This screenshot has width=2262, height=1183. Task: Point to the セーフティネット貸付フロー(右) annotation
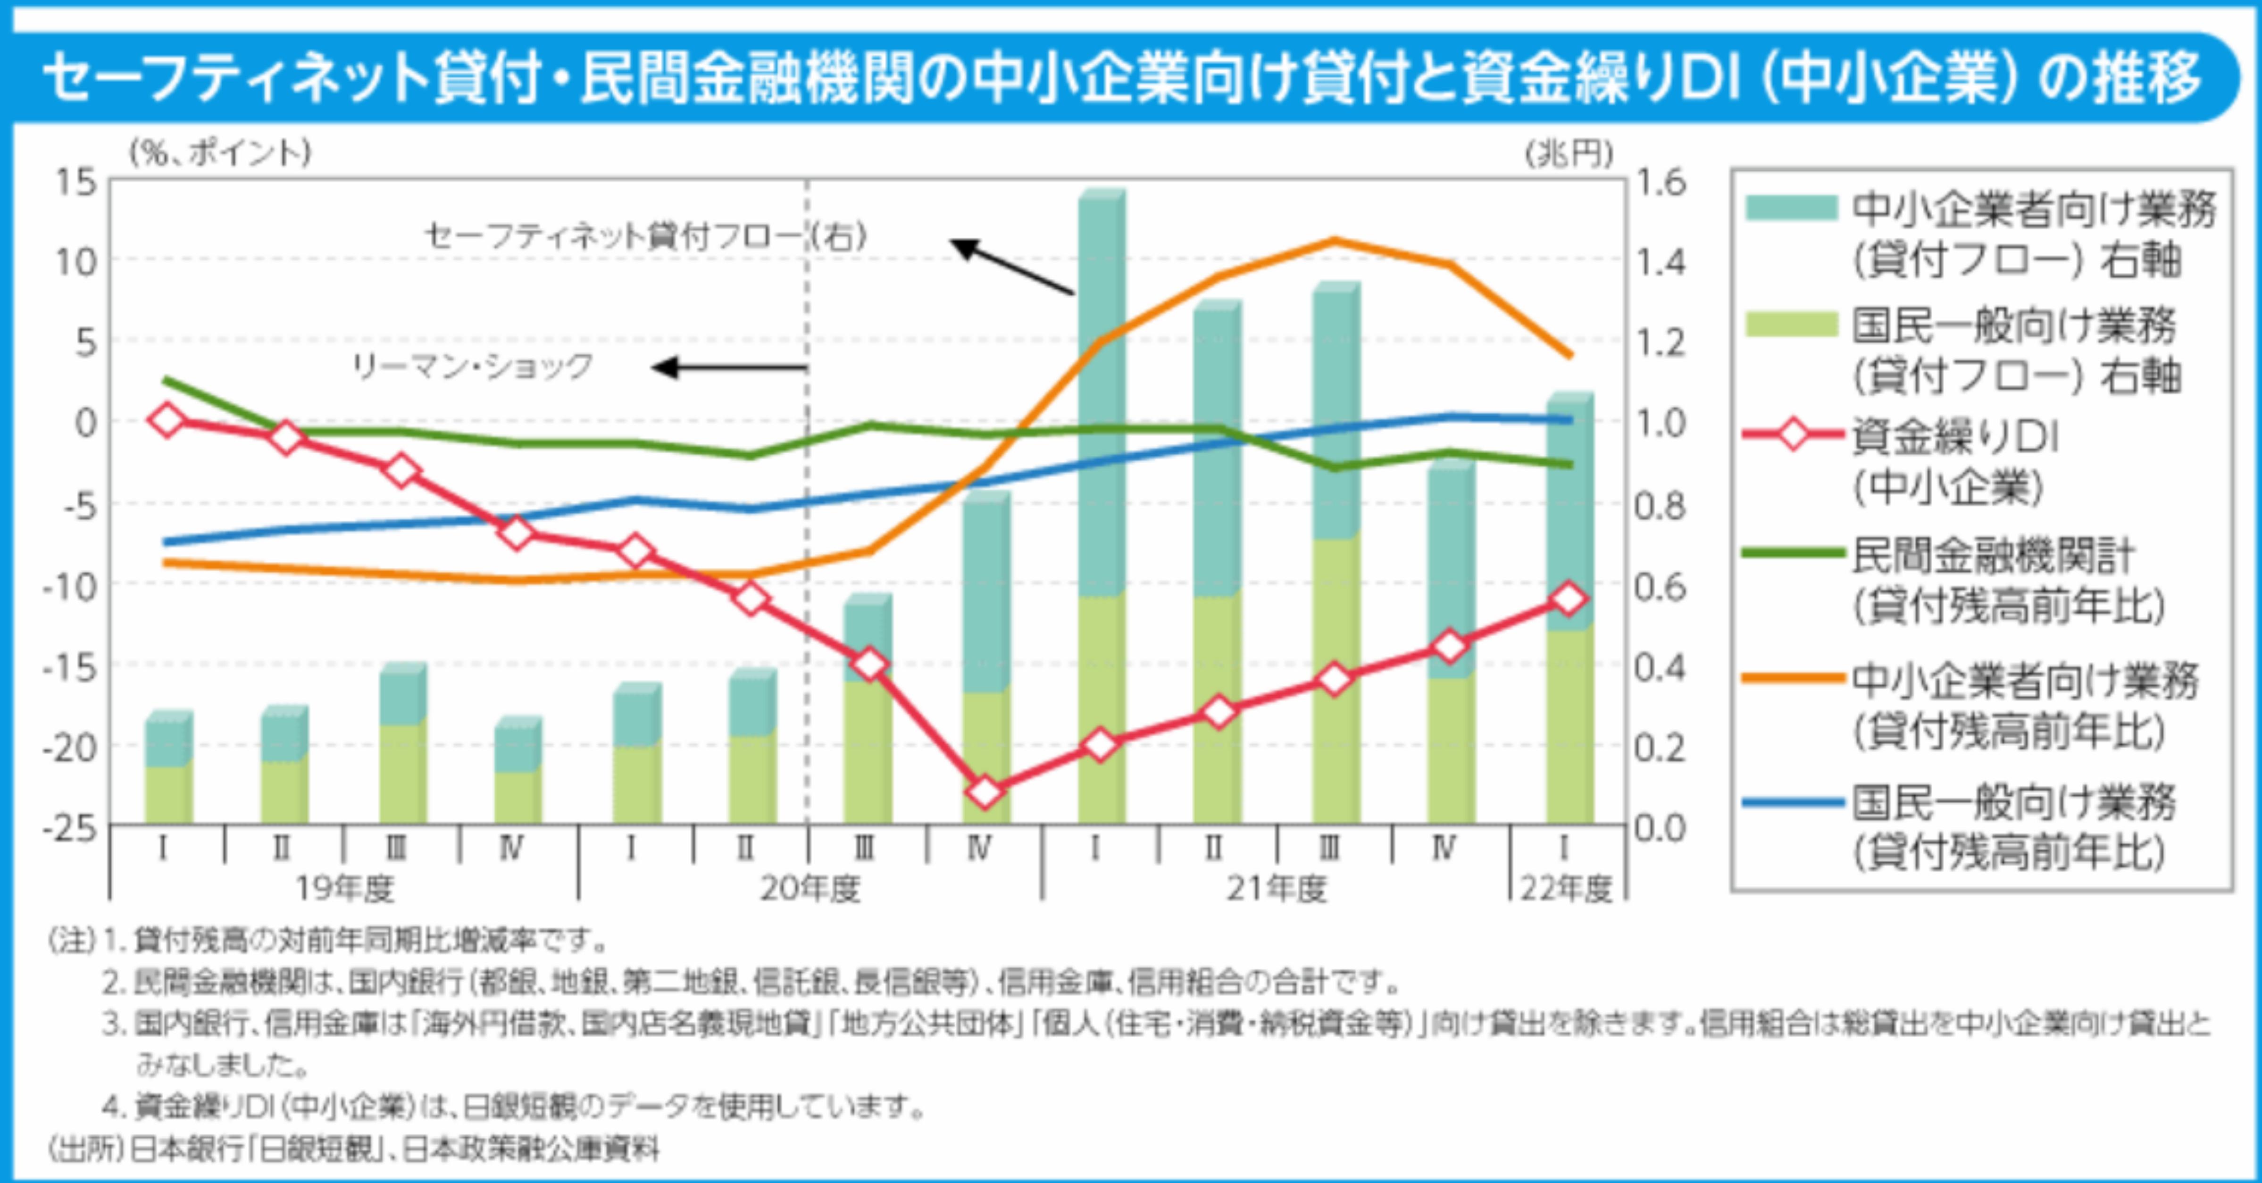pyautogui.click(x=645, y=235)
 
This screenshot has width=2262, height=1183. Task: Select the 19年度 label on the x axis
pyautogui.click(x=344, y=889)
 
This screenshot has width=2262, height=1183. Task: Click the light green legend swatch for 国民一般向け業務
pyautogui.click(x=1791, y=325)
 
